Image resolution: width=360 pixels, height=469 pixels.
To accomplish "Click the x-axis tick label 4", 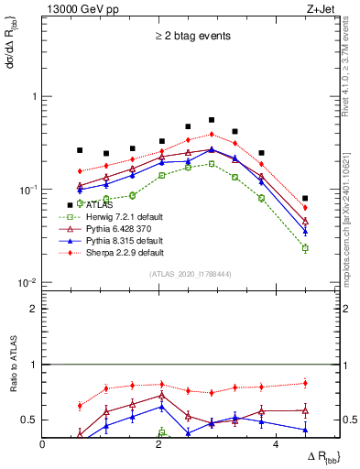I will point(277,443).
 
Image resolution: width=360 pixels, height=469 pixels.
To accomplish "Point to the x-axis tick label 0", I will point(43,443).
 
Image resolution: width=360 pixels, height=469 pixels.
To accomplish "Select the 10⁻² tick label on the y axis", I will point(27,282).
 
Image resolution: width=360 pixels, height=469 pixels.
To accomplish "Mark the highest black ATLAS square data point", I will point(212,120).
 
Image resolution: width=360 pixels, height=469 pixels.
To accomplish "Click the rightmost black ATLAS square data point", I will point(305,198).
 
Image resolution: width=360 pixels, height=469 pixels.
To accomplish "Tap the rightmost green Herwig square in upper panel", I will point(305,248).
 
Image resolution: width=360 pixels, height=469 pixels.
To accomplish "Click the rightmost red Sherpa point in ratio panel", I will point(305,383).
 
